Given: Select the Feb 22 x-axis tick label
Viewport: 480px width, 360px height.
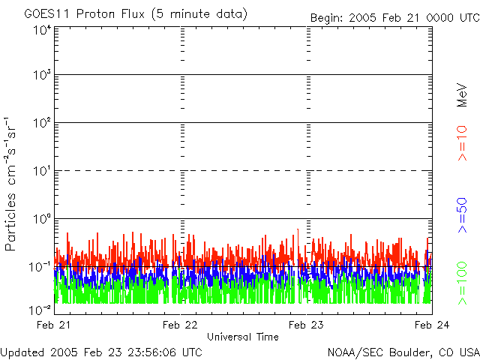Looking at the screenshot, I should (181, 324).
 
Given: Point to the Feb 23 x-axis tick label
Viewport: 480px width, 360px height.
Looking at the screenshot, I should (307, 324).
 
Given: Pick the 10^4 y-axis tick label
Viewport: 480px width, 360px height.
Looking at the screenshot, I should (41, 31).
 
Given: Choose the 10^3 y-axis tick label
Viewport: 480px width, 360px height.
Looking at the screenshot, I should (41, 76).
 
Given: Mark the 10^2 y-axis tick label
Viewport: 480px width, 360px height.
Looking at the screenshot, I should (41, 123).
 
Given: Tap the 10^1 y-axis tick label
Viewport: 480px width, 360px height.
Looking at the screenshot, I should (41, 171).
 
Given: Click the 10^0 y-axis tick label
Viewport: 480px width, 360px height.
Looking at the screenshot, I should (41, 219).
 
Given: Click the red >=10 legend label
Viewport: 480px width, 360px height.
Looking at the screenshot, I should (463, 143).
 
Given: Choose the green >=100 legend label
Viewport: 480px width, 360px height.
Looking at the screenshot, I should (463, 282).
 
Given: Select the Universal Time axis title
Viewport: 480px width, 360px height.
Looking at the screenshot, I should (243, 337).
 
